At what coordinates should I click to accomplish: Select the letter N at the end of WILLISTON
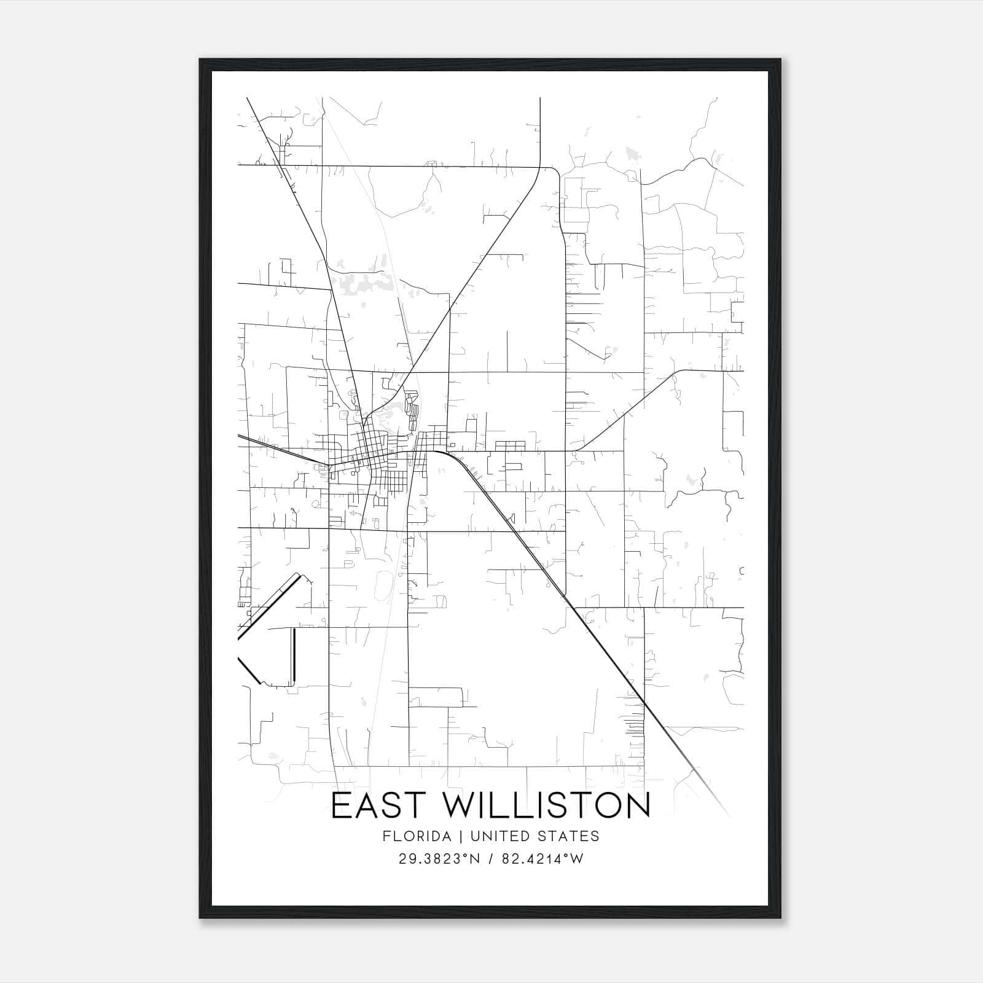coord(637,805)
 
